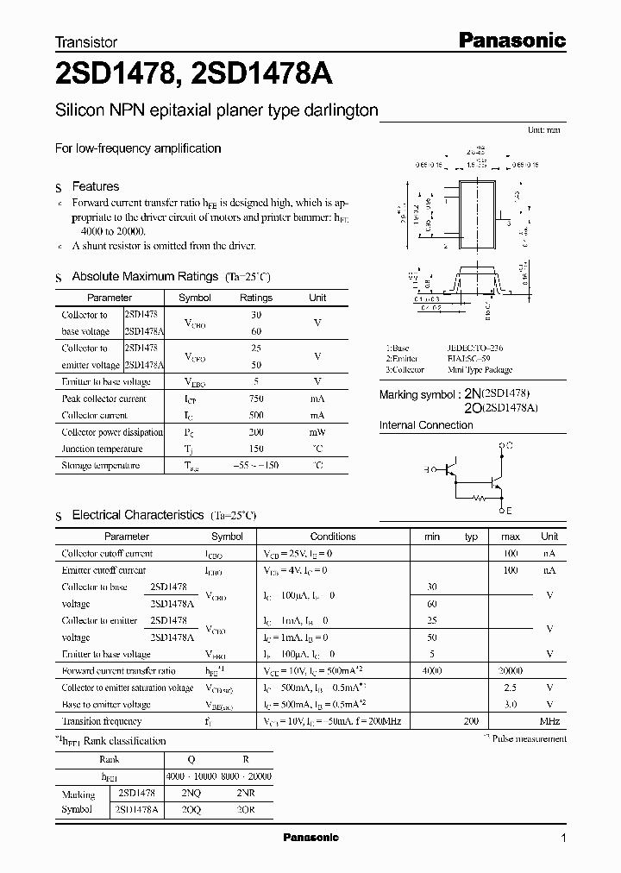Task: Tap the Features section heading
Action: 95,186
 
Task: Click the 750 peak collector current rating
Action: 255,399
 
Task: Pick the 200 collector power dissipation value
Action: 255,432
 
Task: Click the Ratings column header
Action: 255,298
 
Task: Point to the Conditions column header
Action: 332,537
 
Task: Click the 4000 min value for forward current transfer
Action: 432,670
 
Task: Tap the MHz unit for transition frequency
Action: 549,721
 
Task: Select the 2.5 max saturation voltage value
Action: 510,688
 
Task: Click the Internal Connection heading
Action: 426,425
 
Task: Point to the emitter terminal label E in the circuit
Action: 508,512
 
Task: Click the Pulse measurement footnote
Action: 524,738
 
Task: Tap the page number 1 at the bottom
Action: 562,838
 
